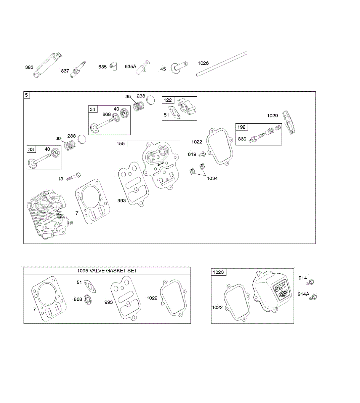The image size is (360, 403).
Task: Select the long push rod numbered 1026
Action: click(222, 63)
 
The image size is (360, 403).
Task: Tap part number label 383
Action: click(29, 67)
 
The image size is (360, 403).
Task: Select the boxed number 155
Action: click(120, 144)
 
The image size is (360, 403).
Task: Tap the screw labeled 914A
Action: click(314, 297)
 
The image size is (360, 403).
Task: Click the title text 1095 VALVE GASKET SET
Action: click(107, 271)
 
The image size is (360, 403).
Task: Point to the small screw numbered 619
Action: click(202, 154)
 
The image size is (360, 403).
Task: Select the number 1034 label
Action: click(212, 178)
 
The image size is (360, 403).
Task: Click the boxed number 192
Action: click(242, 127)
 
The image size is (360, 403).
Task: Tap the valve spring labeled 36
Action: click(69, 145)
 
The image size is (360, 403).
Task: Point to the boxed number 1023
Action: click(218, 272)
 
